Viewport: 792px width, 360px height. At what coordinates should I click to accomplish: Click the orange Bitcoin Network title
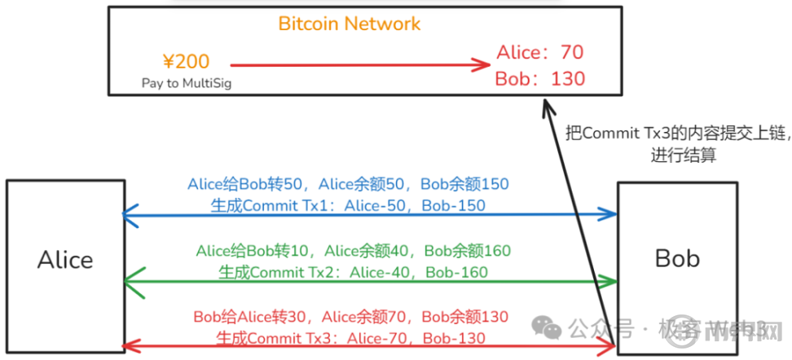[350, 23]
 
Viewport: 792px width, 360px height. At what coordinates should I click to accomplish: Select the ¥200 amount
[187, 61]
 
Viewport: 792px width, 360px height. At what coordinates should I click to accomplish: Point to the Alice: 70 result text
[540, 53]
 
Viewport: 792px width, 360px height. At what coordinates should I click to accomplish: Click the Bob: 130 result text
[540, 79]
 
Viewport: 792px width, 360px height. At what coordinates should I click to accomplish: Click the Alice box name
[65, 260]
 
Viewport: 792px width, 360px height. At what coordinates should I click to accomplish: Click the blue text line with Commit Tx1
[348, 205]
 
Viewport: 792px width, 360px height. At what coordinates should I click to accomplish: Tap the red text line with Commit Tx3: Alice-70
[350, 337]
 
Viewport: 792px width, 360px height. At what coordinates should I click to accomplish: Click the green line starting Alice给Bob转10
[353, 251]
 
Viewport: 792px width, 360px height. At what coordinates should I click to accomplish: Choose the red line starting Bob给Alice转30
[350, 316]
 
